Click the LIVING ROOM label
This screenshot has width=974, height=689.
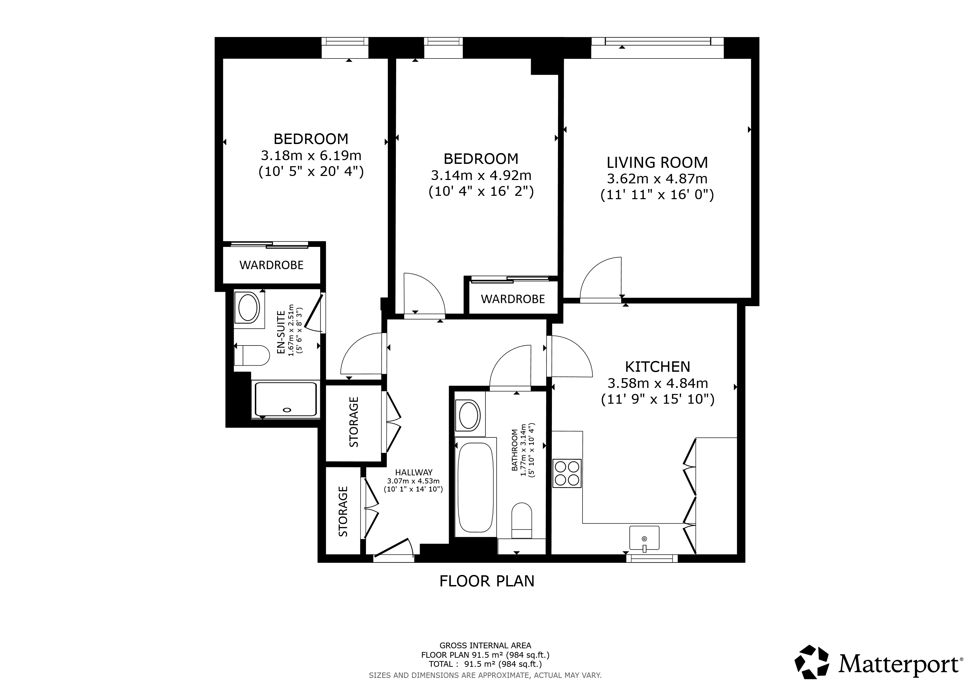[657, 162]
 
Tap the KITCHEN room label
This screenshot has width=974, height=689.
[658, 367]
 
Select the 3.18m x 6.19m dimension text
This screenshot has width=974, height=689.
[311, 156]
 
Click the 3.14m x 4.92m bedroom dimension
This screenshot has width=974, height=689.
[481, 175]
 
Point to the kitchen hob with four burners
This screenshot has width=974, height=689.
[567, 473]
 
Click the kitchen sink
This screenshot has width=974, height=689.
[644, 538]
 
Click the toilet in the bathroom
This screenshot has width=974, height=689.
[522, 520]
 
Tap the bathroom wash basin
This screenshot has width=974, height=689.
[469, 415]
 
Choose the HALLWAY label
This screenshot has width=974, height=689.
[414, 472]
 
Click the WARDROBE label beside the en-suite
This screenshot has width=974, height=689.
[271, 265]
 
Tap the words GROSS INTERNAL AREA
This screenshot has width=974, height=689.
[485, 645]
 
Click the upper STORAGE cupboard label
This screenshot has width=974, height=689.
[354, 422]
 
